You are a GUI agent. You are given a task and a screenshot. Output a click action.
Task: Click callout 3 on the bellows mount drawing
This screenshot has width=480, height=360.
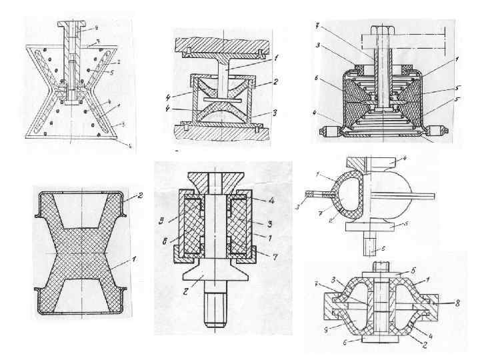click(x=321, y=45)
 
